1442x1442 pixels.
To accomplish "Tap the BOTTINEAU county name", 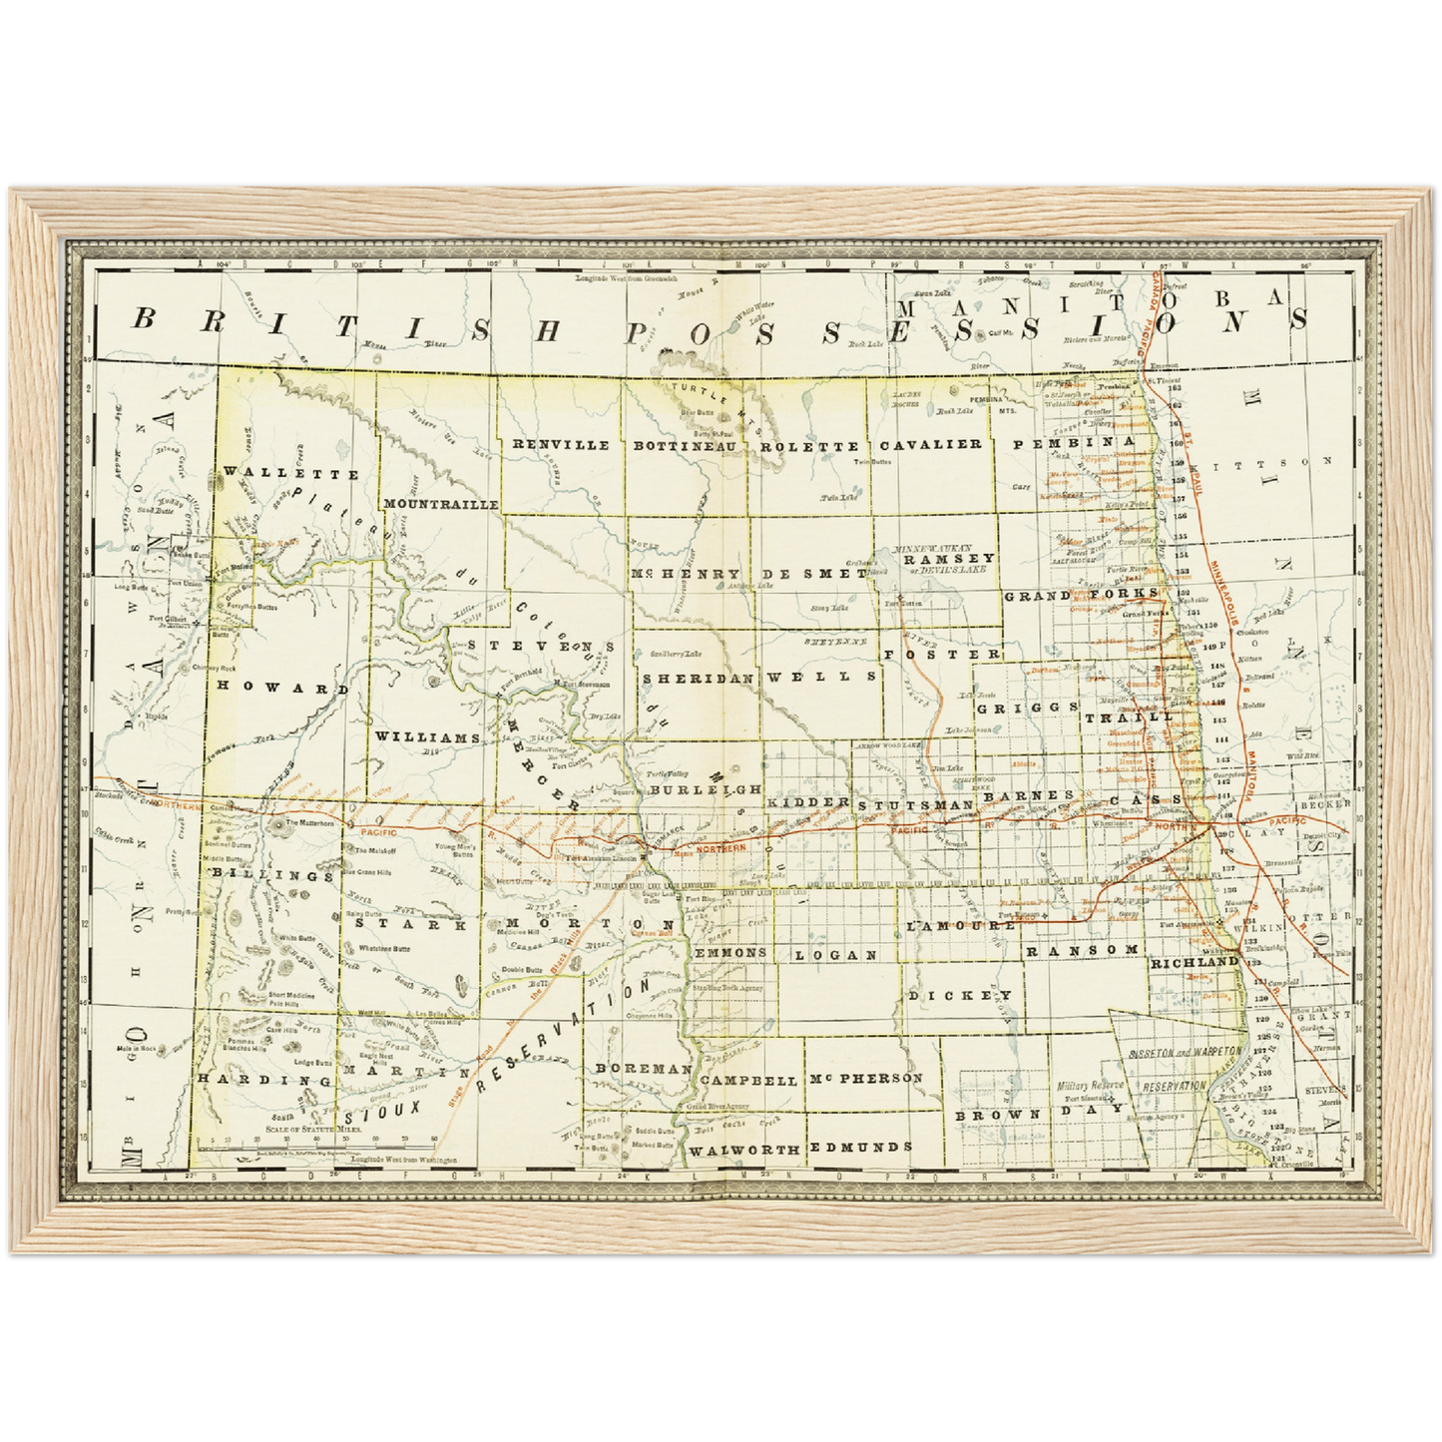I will pos(685,446).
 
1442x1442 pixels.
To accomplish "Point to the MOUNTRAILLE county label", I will pos(440,505).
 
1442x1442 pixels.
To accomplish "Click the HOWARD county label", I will pos(283,689).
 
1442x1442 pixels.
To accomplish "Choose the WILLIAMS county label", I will pos(428,736).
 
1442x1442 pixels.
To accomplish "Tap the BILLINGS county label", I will pos(271,875).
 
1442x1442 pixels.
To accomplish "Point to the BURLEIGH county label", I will pos(698,788).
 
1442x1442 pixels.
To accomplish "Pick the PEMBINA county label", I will pos(1074,440).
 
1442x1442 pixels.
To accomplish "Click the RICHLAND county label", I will pos(1195,963).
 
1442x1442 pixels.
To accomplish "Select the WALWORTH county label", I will pos(744,1150).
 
